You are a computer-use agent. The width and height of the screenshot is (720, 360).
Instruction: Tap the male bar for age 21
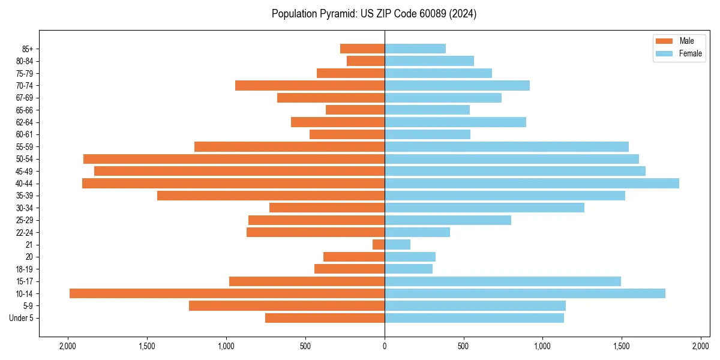(379, 244)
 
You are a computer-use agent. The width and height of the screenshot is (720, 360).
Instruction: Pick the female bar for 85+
(415, 49)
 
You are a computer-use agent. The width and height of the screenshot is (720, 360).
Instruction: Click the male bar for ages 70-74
(310, 85)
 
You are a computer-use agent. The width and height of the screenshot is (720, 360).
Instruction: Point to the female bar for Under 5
(474, 318)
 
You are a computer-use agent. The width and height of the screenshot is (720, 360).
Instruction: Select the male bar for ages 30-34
(327, 208)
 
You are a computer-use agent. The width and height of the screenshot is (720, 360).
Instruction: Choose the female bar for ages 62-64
(455, 122)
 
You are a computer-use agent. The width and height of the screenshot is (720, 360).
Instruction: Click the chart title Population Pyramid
(374, 14)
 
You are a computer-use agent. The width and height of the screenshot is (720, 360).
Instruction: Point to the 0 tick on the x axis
(385, 346)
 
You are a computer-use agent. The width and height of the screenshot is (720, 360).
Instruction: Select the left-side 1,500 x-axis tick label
(147, 346)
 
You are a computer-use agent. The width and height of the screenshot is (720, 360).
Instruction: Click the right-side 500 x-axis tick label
(463, 346)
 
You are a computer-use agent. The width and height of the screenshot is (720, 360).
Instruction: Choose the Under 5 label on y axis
(22, 318)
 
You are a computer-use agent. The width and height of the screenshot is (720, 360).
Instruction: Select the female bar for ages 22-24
(417, 232)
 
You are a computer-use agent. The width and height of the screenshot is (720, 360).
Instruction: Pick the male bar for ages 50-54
(234, 159)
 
